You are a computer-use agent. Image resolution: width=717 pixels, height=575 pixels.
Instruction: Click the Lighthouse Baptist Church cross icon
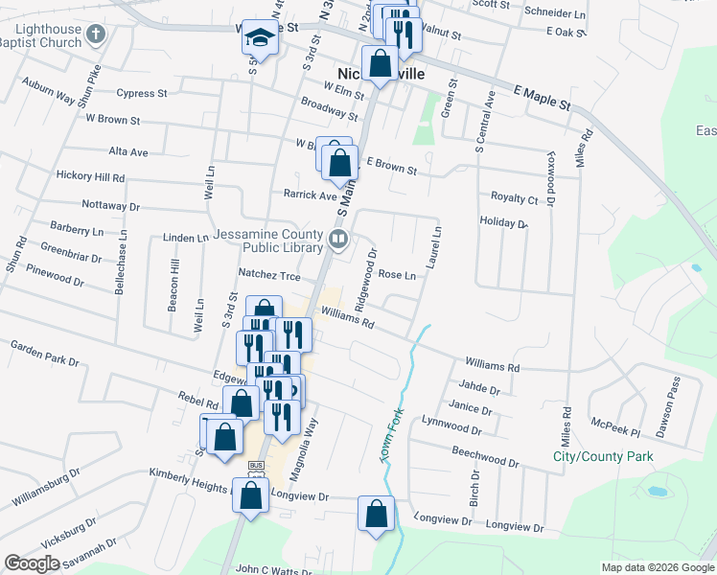click(x=94, y=34)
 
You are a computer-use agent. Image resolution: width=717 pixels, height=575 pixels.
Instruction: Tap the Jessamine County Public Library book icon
click(x=337, y=239)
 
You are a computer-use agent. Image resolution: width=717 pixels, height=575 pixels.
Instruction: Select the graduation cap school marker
click(x=258, y=38)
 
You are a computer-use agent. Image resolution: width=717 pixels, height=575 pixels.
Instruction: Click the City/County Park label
click(x=603, y=456)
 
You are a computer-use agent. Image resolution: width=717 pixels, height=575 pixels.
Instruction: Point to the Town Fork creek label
click(x=393, y=437)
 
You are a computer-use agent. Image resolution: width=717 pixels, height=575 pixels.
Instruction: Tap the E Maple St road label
click(x=542, y=96)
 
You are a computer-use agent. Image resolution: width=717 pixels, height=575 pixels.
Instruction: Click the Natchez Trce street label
click(x=269, y=276)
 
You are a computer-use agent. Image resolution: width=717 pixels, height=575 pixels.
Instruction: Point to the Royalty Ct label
click(x=514, y=199)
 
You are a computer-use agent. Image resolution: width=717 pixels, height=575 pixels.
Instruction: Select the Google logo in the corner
click(x=32, y=563)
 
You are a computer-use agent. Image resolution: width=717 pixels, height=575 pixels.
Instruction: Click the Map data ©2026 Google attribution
click(x=657, y=567)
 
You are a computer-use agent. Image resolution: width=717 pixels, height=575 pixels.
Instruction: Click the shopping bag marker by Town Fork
click(x=376, y=514)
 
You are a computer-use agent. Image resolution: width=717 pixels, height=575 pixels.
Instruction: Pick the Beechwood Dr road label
click(x=485, y=457)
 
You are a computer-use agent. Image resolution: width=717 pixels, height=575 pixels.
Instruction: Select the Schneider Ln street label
click(x=555, y=15)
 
